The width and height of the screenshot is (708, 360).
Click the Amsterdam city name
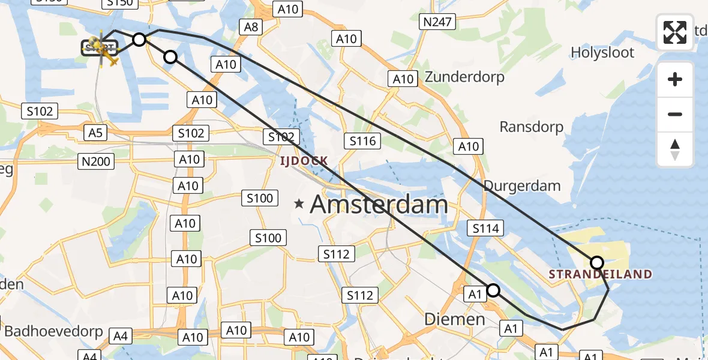(x=379, y=205)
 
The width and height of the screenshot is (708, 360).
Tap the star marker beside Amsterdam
(x=299, y=204)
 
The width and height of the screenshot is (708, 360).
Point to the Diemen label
(x=455, y=319)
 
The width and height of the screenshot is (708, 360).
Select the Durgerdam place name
(x=522, y=185)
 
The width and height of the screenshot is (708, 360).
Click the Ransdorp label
(x=532, y=127)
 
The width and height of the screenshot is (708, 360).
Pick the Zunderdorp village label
(x=465, y=77)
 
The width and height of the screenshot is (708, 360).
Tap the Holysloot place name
(x=602, y=52)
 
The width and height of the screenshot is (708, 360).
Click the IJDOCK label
(x=303, y=160)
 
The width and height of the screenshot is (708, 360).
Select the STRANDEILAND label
(x=600, y=274)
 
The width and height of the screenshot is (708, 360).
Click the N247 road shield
(x=438, y=23)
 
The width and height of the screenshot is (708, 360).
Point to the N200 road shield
(x=95, y=160)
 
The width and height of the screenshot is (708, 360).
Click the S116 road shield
(x=362, y=141)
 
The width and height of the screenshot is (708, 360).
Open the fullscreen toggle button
(x=675, y=32)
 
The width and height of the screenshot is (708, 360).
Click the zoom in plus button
(x=675, y=80)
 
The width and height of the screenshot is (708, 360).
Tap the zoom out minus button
(x=675, y=114)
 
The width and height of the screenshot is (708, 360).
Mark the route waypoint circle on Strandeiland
(x=597, y=262)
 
